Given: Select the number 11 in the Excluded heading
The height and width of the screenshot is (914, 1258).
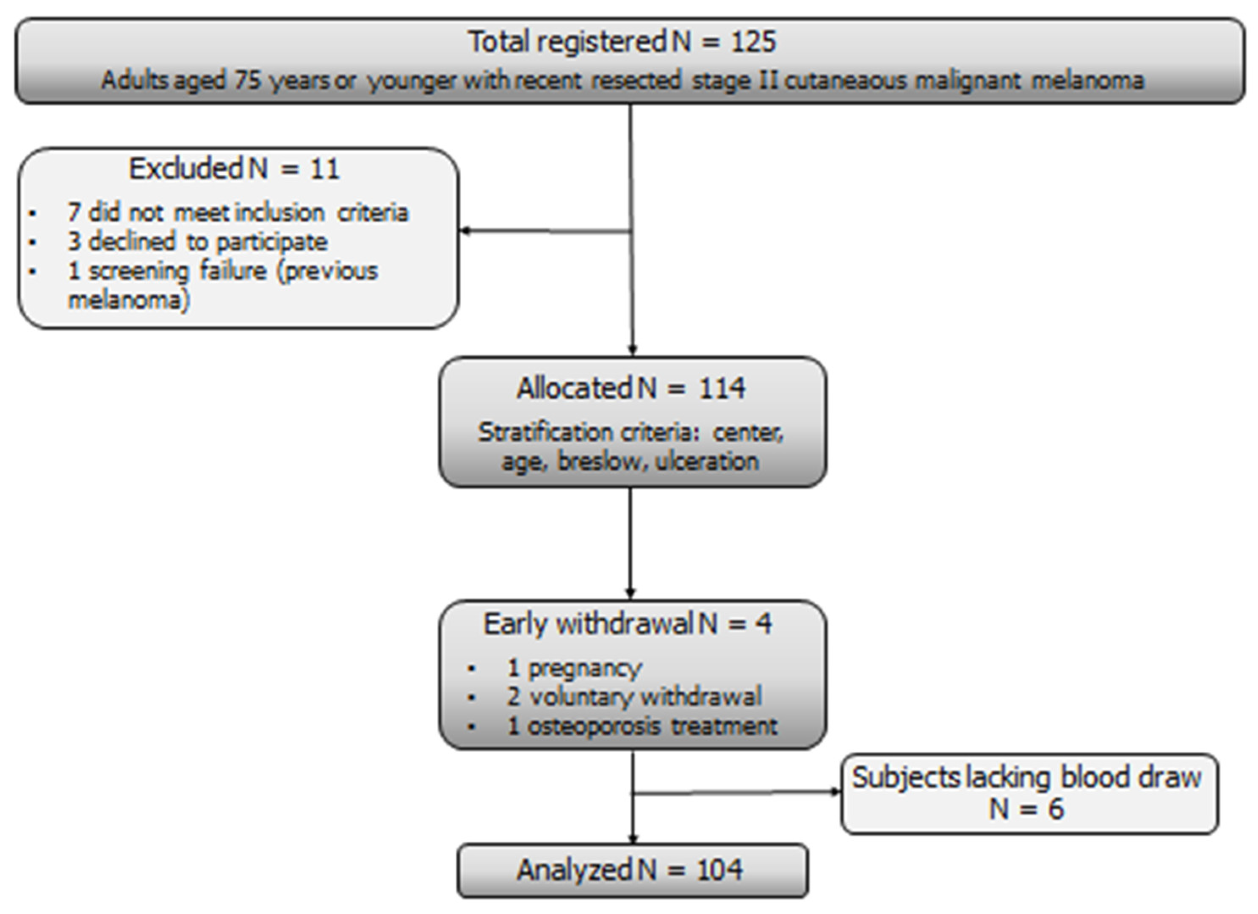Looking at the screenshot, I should [324, 169].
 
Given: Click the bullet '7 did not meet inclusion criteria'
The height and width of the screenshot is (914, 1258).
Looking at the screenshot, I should [238, 213].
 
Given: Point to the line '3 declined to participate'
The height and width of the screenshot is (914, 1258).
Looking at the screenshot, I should [197, 242].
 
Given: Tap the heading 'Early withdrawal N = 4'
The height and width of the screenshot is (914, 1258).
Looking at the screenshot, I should [628, 624].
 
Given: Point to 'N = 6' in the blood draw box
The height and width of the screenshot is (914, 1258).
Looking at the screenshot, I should [1026, 809].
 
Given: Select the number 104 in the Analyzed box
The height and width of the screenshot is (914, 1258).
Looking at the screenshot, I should [719, 870].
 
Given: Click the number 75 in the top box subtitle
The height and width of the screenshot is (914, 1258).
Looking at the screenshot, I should [247, 80].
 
